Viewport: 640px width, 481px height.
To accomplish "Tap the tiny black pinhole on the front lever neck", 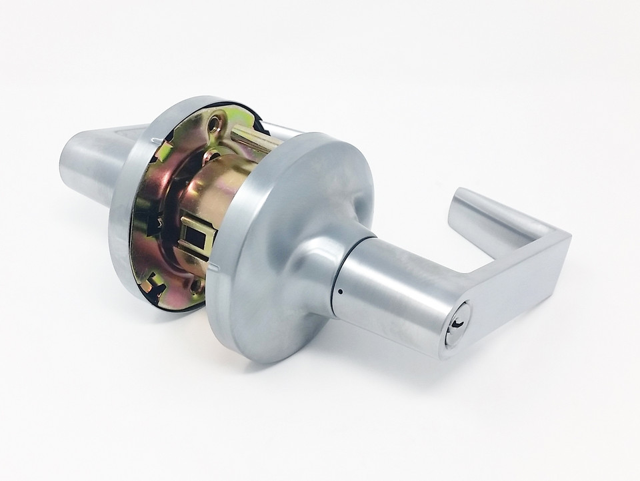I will (341, 291).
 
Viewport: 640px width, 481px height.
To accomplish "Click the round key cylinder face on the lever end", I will (458, 324).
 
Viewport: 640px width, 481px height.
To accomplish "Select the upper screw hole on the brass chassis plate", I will (214, 125).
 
